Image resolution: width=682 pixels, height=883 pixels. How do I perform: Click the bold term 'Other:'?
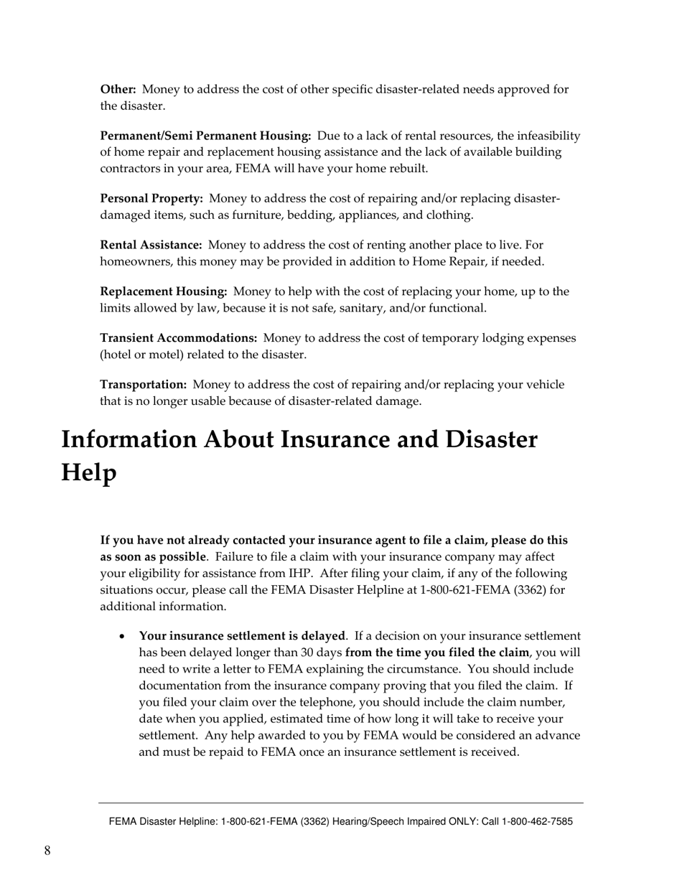point(118,90)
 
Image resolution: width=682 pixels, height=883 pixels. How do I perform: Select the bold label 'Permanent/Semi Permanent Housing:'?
point(205,136)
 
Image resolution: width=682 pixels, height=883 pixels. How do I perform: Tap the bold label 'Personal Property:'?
point(151,199)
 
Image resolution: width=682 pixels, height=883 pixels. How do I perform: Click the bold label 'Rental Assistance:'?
point(151,246)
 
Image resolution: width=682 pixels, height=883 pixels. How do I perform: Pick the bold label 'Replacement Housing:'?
point(164,292)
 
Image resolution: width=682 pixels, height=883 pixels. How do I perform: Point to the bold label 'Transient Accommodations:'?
point(179,338)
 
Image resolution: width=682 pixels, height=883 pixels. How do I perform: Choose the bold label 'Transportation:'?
point(144,385)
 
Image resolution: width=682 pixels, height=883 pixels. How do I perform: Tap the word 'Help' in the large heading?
point(88,472)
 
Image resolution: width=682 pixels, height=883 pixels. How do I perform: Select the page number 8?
point(47,851)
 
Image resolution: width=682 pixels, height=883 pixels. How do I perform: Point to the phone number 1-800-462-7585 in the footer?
point(536,822)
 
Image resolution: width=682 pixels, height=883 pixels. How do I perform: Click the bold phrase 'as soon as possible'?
point(153,557)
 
